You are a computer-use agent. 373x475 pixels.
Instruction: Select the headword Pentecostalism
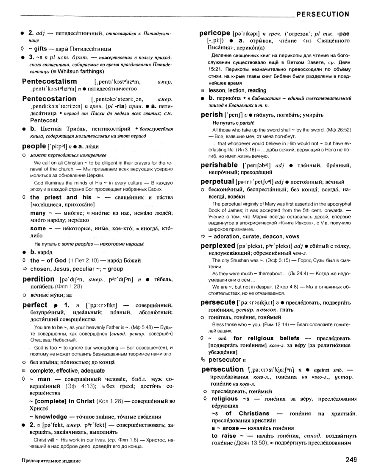[50, 81]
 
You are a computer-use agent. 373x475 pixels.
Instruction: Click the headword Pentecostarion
[49, 99]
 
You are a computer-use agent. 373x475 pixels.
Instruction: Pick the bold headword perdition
[38, 279]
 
